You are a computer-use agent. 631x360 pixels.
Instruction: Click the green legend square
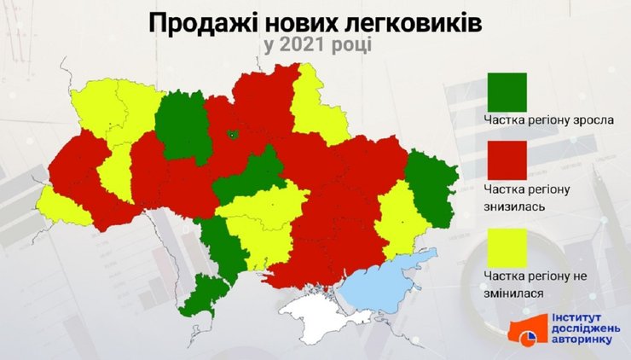point(507,91)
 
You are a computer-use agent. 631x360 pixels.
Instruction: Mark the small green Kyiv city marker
point(232,134)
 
